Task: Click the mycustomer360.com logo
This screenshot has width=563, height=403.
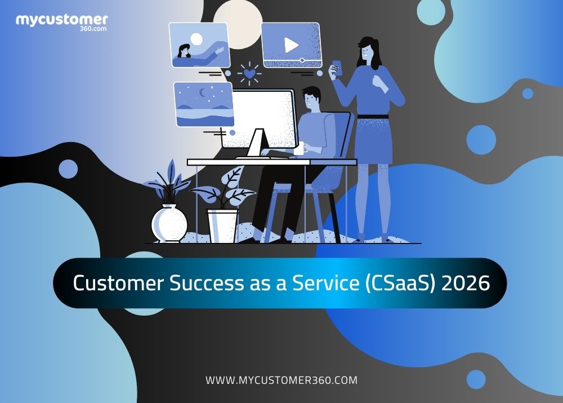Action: point(62,22)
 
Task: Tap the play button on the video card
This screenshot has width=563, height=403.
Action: point(291,45)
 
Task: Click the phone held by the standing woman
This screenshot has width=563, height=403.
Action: point(337,67)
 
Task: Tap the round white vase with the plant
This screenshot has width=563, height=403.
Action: point(169,224)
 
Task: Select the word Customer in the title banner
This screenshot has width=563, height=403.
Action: point(118,283)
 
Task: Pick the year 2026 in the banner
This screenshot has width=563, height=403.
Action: point(466,283)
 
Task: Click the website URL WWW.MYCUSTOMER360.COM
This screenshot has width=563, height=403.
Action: point(281,380)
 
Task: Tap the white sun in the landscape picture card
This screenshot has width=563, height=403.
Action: point(196,39)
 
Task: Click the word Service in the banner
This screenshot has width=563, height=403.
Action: point(326,283)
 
